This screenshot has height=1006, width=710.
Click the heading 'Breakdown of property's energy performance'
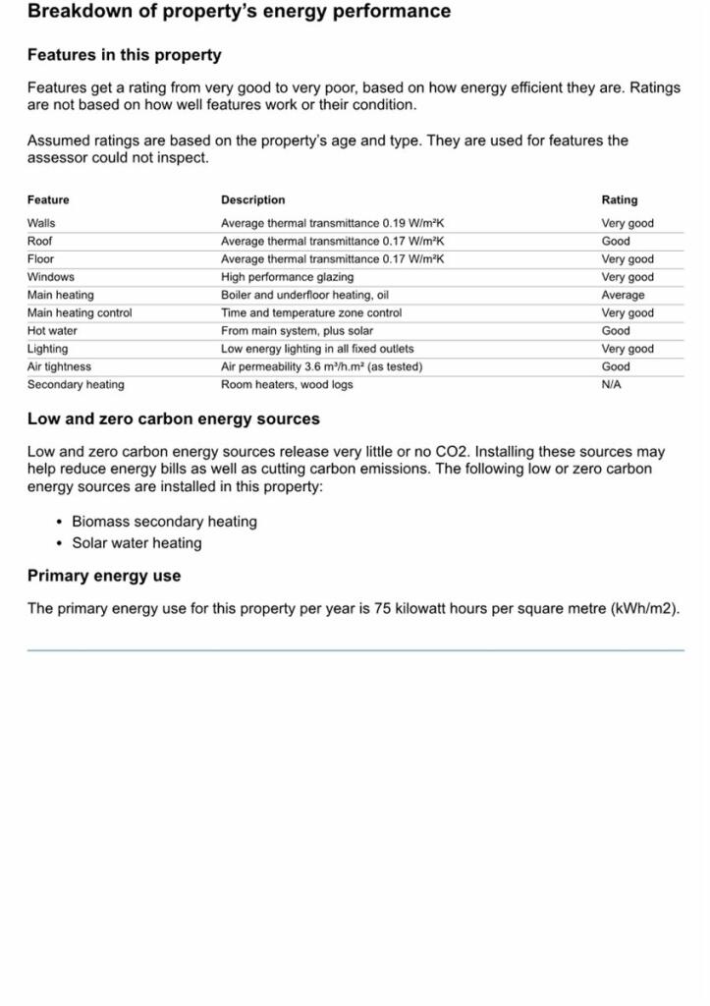[239, 12]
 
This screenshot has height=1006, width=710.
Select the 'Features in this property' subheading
[124, 55]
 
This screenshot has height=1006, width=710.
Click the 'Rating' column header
[619, 199]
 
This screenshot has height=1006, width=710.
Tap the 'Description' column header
[252, 199]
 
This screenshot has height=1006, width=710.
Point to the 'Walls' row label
[41, 223]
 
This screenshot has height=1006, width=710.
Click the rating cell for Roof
[616, 241]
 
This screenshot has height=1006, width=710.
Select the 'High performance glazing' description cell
[287, 277]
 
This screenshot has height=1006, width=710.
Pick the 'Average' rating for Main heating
[623, 295]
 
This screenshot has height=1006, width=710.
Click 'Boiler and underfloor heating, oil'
[304, 295]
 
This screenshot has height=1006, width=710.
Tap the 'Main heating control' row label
[79, 312]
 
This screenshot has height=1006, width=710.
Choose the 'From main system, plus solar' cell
[297, 331]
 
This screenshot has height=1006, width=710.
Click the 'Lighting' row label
[47, 349]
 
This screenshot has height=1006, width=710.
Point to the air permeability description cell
[321, 366]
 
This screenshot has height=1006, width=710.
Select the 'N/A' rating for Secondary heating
[611, 385]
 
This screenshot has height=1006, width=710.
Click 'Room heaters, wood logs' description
[287, 385]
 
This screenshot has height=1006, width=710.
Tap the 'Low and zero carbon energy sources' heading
[173, 419]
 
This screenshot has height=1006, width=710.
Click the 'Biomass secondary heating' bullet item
[164, 522]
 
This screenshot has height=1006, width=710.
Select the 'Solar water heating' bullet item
[137, 543]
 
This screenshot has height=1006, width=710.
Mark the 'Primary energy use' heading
[104, 576]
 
